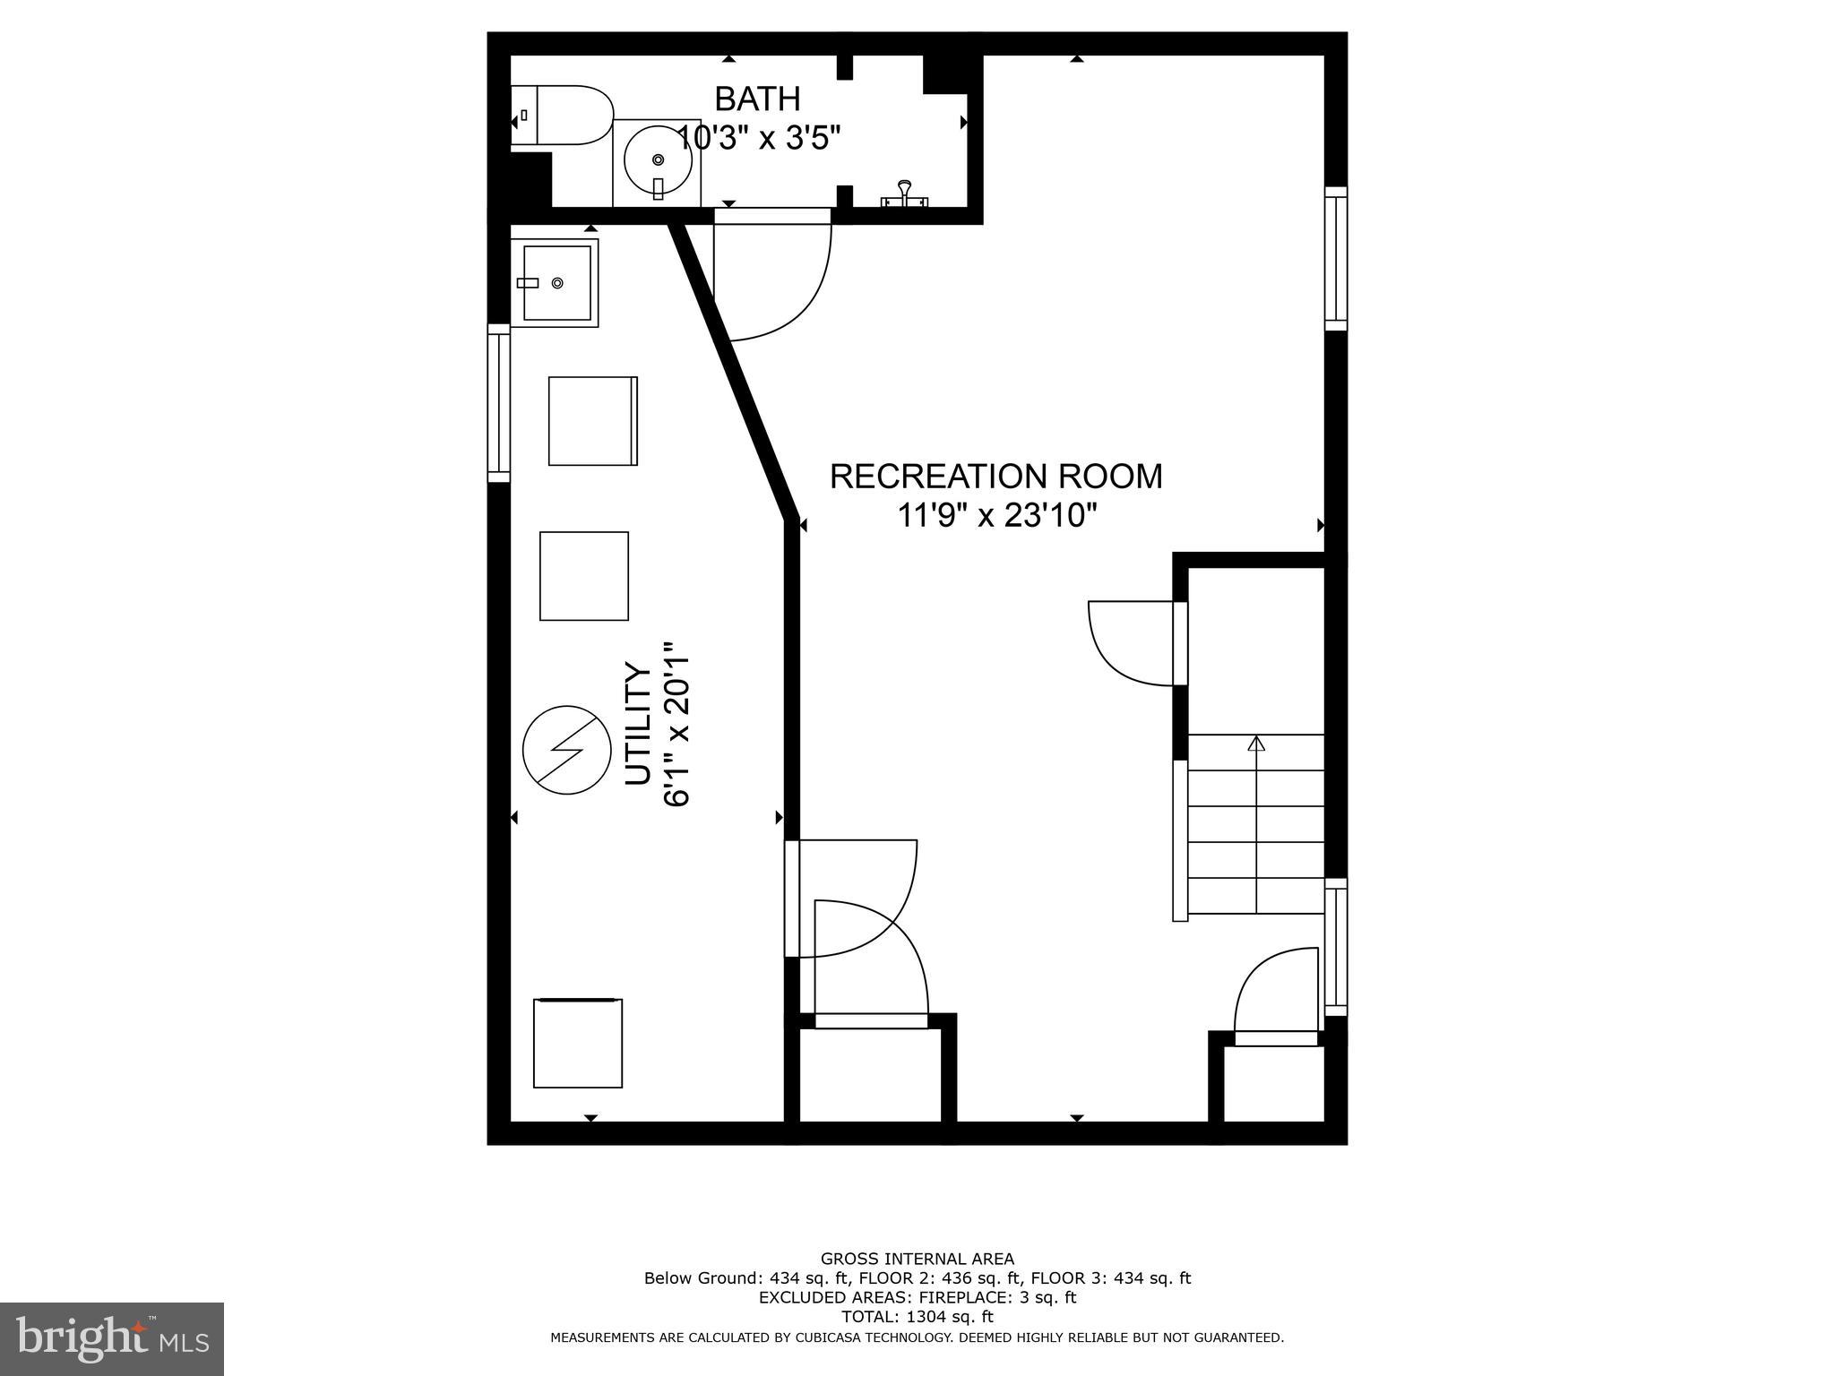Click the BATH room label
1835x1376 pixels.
tap(757, 99)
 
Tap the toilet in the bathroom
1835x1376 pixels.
tap(560, 116)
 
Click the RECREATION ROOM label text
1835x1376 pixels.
tap(995, 477)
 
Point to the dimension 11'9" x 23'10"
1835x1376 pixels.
tap(997, 516)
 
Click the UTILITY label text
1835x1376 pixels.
tap(638, 724)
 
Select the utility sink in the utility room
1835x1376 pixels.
tap(556, 283)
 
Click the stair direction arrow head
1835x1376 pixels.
tap(1256, 743)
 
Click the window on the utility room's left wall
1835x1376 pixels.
tap(498, 403)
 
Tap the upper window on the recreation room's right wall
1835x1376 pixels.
tap(1335, 259)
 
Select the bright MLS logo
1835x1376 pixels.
tap(112, 1338)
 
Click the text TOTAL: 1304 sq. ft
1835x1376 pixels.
tap(917, 1317)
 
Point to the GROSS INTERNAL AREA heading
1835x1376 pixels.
tap(917, 1259)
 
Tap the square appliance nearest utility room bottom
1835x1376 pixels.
tap(578, 1044)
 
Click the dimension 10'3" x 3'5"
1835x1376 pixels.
tap(758, 139)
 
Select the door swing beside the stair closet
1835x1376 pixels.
tap(1132, 642)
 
